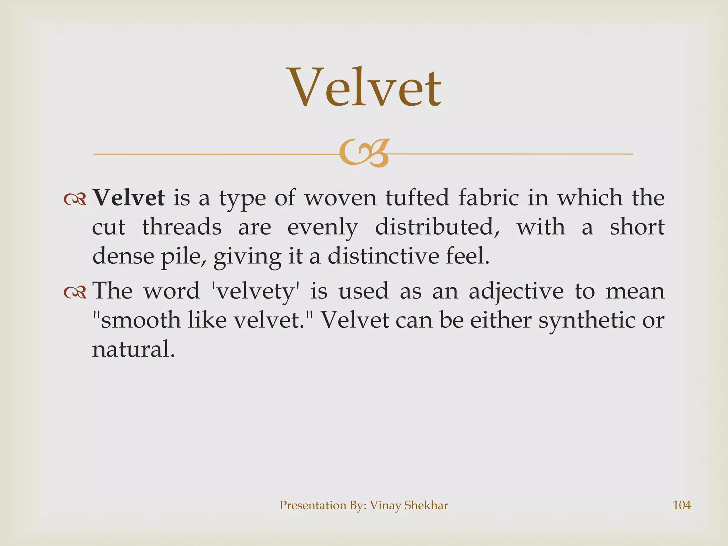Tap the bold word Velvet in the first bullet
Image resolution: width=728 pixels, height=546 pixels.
128,198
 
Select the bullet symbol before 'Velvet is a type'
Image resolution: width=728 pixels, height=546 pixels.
75,200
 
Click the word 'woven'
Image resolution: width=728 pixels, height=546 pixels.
341,198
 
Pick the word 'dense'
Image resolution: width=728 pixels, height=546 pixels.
123,256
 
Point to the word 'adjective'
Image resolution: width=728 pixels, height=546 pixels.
516,291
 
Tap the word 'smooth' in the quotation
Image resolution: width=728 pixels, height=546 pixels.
139,320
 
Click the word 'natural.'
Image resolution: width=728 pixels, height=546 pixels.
134,349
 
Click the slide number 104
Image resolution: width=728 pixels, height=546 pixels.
682,505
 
